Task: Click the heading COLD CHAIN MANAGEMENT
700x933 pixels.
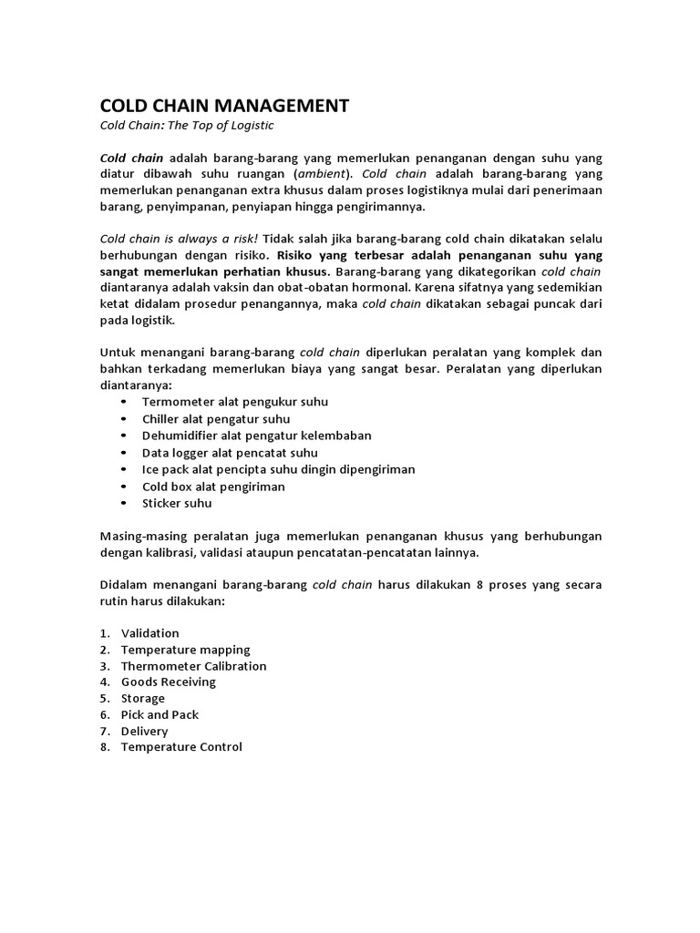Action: (223, 106)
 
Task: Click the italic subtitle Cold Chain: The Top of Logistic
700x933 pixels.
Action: (186, 126)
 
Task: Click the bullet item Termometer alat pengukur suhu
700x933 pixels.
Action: (235, 402)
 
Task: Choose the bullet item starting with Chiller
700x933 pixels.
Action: (216, 419)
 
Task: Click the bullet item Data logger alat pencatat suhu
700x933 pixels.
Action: (230, 453)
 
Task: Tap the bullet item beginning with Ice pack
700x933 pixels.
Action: (279, 469)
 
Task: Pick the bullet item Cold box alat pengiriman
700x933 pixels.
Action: (213, 487)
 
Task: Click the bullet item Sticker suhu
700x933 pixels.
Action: (177, 503)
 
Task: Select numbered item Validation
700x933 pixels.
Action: (150, 633)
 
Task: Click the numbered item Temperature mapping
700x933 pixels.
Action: (186, 650)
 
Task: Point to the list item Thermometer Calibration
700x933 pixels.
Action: (194, 666)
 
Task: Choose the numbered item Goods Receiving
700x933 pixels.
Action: (169, 682)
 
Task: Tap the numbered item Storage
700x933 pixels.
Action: (143, 699)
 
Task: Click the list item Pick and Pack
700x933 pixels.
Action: (160, 715)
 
